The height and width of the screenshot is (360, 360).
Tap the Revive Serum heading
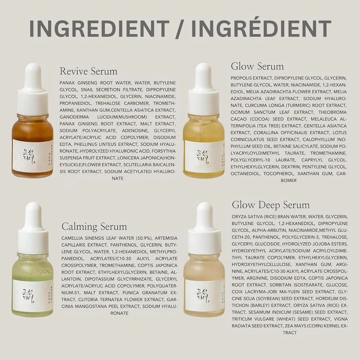coord(89,71)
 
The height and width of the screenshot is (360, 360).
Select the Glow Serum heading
coord(257,66)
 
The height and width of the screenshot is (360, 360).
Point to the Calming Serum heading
coord(94,226)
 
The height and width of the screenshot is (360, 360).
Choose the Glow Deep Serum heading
coord(271,205)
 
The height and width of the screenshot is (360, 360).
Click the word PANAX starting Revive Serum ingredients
coord(68,82)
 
